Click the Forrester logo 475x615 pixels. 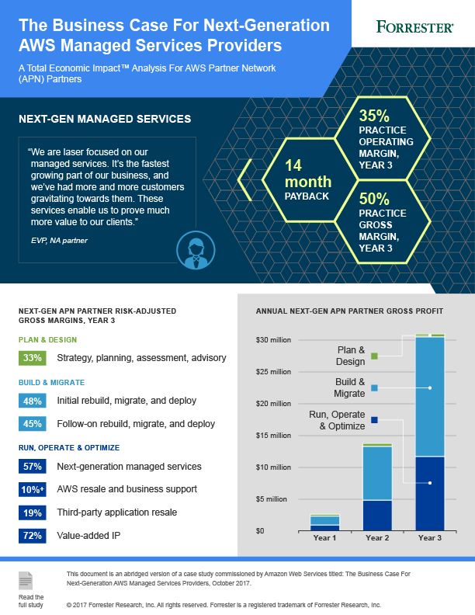414,27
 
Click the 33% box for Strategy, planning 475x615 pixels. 33,358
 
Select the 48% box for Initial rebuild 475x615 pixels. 33,401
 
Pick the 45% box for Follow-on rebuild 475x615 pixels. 33,424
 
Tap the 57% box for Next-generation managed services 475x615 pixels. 33,467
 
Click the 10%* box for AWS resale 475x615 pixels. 33,489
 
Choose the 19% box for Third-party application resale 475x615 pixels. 33,512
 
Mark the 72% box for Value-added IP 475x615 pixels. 33,536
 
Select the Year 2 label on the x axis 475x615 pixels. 376,537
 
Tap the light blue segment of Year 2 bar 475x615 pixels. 376,473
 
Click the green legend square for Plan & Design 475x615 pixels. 374,356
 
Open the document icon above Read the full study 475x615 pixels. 26,581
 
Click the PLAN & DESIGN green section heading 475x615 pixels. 47,339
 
